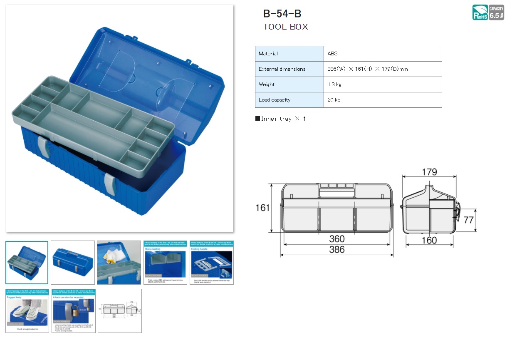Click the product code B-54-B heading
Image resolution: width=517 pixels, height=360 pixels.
[x=282, y=13]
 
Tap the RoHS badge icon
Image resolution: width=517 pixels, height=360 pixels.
[x=480, y=12]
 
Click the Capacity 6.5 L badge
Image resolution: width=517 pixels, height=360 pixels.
[x=496, y=12]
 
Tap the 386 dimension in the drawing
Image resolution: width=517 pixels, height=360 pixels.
[x=336, y=249]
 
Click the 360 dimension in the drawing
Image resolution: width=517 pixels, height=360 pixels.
[x=336, y=239]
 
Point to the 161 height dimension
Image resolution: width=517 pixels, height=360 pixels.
[x=262, y=208]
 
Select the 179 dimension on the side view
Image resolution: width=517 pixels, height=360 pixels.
[x=429, y=172]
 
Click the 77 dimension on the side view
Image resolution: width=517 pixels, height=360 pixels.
[x=468, y=220]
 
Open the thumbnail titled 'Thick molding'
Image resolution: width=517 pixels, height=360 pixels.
[x=165, y=263]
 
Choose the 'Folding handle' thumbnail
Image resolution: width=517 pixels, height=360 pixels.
[x=211, y=263]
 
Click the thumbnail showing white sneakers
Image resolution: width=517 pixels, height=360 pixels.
[x=27, y=311]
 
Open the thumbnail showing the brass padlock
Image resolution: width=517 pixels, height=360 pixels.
[x=74, y=311]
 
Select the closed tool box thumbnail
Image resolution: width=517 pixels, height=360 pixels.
[x=73, y=263]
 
